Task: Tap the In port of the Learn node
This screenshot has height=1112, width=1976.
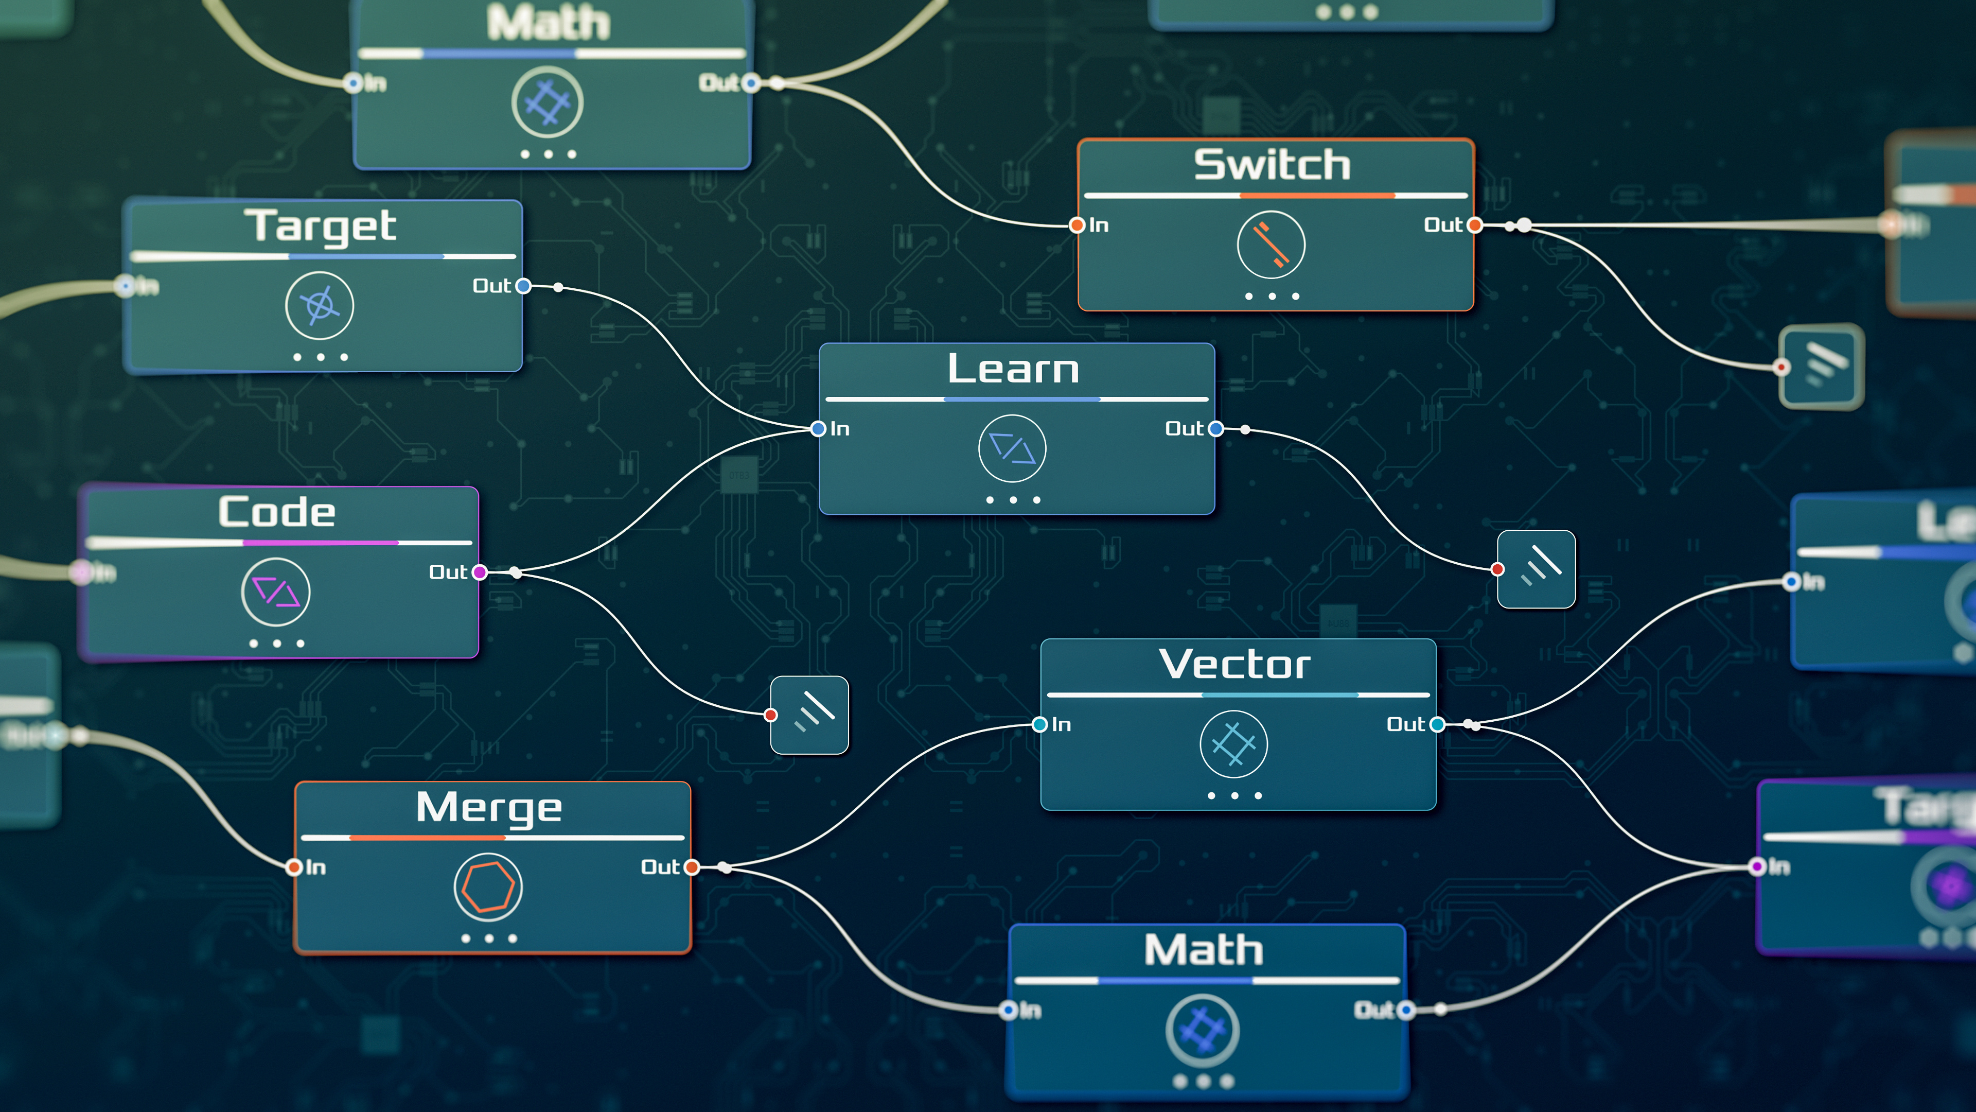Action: tap(819, 429)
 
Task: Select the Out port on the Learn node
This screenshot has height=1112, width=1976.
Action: tap(1216, 429)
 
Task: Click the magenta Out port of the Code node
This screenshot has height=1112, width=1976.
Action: tap(480, 572)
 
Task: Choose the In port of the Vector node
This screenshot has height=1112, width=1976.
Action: tap(1040, 724)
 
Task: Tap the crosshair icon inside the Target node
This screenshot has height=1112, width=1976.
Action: tap(320, 305)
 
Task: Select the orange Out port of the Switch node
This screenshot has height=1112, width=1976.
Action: tap(1474, 225)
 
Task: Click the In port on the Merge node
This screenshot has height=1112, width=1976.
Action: tap(294, 867)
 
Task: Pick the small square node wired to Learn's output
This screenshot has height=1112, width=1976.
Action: tap(1537, 569)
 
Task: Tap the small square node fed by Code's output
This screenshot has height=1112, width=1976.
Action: tap(809, 715)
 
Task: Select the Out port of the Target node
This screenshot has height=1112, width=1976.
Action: tap(523, 286)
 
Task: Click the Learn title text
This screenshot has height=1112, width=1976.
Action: tap(1013, 369)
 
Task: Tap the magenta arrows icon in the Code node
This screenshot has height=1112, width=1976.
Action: tap(275, 592)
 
